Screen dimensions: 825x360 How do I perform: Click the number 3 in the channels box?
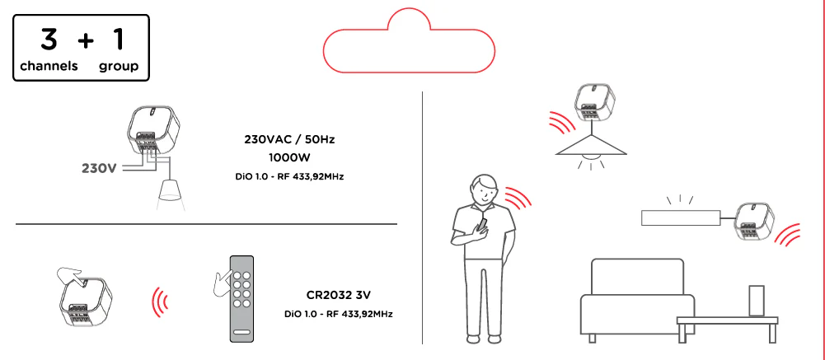49,39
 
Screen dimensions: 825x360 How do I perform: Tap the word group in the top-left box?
119,66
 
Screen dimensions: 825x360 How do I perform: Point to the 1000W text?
289,158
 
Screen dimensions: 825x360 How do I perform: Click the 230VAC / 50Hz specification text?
289,139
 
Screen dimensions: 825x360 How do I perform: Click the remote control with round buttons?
241,298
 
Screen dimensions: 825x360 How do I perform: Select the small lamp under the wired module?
170,190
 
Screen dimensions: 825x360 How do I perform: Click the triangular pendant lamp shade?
592,145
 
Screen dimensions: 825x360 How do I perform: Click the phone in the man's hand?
482,224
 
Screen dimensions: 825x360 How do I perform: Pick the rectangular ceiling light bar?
681,217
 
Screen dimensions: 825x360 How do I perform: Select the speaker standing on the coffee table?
756,302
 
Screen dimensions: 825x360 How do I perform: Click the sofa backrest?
637,278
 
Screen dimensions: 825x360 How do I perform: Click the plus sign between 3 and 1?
85,41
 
